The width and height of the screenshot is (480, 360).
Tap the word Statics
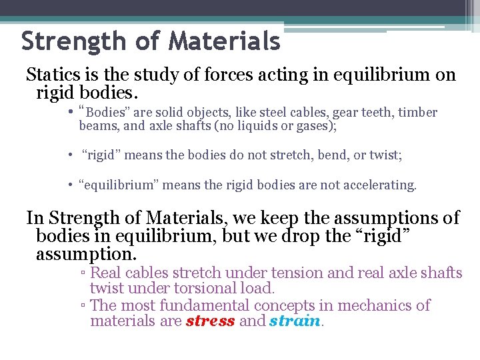point(50,75)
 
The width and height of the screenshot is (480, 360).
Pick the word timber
point(417,113)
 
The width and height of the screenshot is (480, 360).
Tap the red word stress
point(211,321)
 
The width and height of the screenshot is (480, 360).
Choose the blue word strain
point(295,321)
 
